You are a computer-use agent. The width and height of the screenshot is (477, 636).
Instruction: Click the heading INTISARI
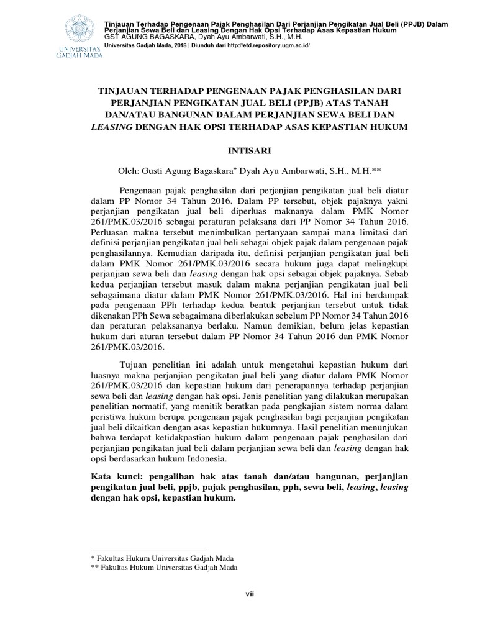click(x=247, y=150)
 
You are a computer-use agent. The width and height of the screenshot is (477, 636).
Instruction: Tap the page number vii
click(x=247, y=594)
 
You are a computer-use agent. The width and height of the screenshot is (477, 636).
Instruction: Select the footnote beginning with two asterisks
click(x=165, y=567)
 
